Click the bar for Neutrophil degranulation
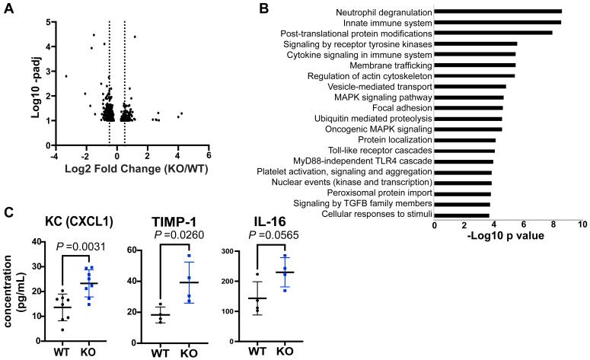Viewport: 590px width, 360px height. click(x=498, y=11)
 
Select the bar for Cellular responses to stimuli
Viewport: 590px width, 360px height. click(x=461, y=215)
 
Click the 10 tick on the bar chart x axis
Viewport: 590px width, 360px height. click(x=582, y=226)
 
